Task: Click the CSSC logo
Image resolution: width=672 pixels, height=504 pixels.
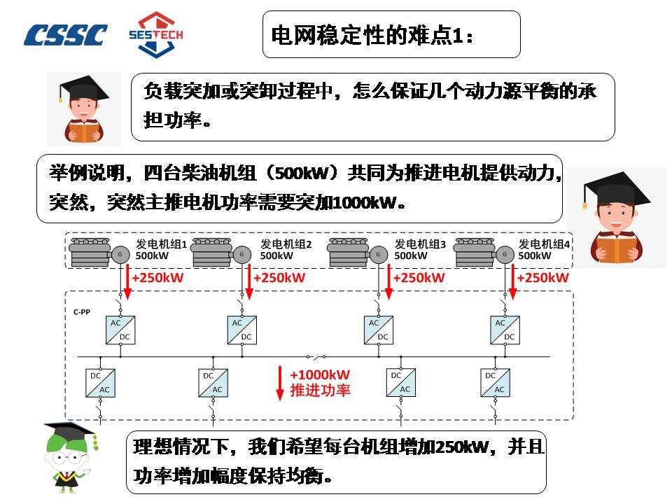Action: coord(65,35)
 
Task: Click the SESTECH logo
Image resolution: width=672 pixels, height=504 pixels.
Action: coord(156,34)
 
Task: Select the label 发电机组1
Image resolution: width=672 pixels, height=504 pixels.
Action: coord(161,244)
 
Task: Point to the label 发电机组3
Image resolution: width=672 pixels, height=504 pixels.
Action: coord(420,244)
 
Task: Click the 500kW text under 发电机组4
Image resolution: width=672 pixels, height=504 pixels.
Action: coord(534,256)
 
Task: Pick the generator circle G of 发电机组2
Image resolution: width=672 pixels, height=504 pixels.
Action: coord(242,255)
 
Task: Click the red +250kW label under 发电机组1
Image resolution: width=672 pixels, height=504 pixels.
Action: coord(157,278)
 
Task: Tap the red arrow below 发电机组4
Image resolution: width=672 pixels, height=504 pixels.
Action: coord(513,282)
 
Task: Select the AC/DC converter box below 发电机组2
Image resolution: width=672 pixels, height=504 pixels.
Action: coord(242,330)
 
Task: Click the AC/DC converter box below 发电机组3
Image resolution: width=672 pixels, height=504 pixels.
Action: coord(379,330)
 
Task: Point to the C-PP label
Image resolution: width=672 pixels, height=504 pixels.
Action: coord(82,312)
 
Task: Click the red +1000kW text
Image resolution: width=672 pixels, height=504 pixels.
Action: coord(320,374)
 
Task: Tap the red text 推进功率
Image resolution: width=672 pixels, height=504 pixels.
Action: coord(320,390)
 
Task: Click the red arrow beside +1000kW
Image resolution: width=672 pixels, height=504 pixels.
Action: coord(280,383)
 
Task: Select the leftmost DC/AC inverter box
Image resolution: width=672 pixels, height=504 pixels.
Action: coord(100,383)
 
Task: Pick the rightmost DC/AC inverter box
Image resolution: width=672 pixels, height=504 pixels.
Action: coord(495,383)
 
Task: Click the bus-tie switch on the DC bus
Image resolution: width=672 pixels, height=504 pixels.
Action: coord(316,356)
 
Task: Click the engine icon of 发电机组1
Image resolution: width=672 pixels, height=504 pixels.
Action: coord(91,253)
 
